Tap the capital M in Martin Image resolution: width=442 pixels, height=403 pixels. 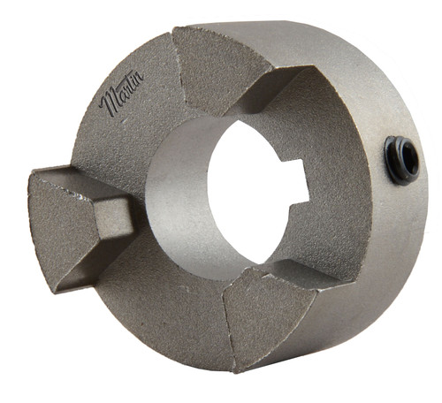coord(109,103)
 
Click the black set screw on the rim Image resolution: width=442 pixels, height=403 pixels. coord(401,160)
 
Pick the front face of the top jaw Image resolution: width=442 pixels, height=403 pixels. coord(218,69)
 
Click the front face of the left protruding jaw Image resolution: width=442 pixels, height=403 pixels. coord(64,224)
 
